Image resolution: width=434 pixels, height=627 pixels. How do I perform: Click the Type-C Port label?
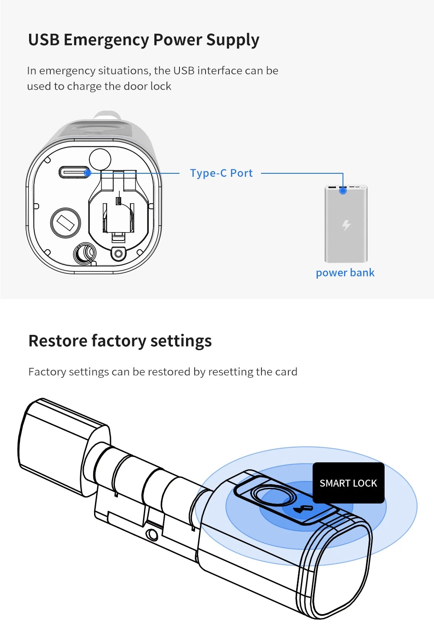coord(221,173)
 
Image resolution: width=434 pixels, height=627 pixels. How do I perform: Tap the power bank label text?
coord(345,273)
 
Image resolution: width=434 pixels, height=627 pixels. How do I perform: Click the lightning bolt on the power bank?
coord(346,225)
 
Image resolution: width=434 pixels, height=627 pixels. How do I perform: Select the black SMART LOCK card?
coord(348,483)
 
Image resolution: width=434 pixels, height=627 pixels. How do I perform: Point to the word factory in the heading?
coord(118,341)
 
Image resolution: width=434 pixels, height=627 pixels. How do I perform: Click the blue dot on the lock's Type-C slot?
coord(87,173)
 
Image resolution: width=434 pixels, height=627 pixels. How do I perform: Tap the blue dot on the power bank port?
coord(343,190)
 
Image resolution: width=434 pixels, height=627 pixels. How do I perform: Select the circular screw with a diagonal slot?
coord(66,223)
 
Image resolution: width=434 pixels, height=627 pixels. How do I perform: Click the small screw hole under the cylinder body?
coord(152,535)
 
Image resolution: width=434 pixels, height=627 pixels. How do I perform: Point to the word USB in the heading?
coord(43,40)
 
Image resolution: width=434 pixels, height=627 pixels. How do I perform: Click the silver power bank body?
coord(346,234)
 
